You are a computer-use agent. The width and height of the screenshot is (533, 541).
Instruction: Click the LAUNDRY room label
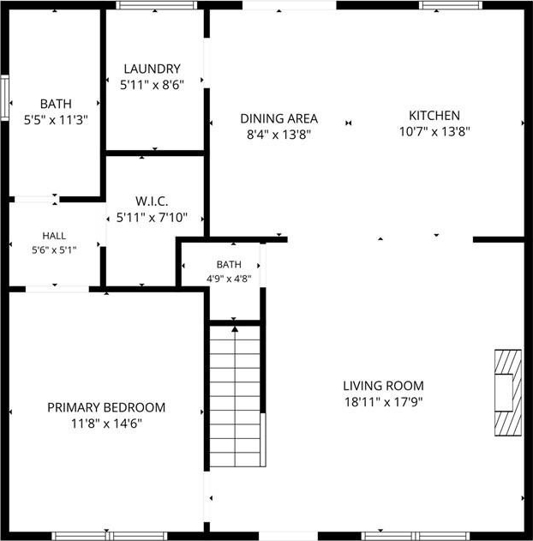[x=152, y=69]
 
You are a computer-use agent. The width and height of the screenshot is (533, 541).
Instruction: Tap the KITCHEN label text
[x=434, y=116]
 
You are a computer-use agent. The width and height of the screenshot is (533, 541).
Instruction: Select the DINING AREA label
[x=278, y=118]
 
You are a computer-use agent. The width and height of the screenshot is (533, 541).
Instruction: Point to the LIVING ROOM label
[x=383, y=386]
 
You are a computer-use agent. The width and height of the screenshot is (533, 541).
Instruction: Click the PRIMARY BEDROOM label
[x=106, y=407]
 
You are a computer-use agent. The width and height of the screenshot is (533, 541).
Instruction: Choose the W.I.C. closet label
[x=152, y=201]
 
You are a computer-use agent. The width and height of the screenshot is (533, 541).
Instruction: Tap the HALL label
[x=54, y=236]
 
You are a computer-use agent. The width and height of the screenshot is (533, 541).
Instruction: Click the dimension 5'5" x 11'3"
[x=56, y=120]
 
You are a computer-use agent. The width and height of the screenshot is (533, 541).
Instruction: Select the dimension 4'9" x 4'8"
[x=229, y=279]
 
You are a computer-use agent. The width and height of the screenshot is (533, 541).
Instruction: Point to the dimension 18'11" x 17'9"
[x=384, y=402]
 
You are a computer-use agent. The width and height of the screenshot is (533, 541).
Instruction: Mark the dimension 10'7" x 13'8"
[x=434, y=131]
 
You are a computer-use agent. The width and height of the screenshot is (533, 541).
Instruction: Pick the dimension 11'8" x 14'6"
[x=106, y=424]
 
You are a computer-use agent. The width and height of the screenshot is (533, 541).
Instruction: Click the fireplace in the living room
[x=508, y=393]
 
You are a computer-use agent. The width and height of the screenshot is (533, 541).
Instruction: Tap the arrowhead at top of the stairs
[x=235, y=329]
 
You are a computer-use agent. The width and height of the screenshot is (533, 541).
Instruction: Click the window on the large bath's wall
[x=4, y=98]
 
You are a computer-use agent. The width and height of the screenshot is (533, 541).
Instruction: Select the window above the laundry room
[x=157, y=5]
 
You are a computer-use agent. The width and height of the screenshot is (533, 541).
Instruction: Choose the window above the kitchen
[x=451, y=5]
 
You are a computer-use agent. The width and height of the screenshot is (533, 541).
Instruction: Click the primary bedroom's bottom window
[x=110, y=536]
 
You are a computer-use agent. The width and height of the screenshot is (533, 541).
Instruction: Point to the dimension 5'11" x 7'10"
[x=152, y=218]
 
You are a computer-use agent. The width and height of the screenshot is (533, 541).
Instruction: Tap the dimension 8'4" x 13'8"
[x=278, y=135]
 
